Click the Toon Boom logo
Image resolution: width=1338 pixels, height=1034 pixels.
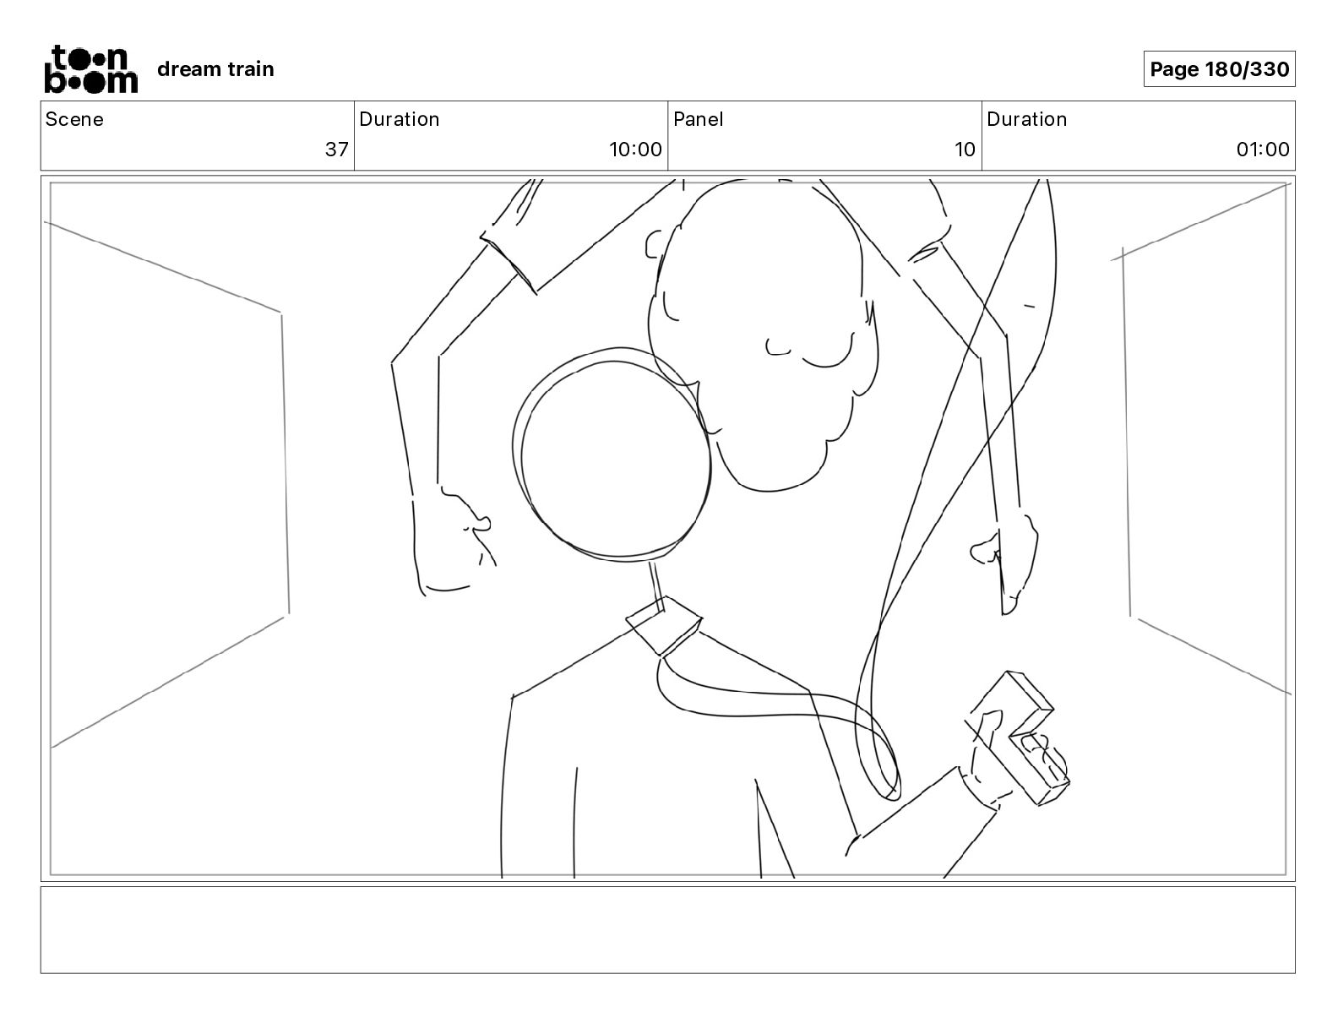point(90,68)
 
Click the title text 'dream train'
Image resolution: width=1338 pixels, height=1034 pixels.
point(215,69)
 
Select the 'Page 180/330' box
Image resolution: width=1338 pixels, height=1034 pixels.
point(1219,69)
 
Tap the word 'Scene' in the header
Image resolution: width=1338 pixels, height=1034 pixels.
point(74,119)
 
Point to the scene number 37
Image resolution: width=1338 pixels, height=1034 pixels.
point(336,150)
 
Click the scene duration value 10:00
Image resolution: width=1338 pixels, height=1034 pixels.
point(635,150)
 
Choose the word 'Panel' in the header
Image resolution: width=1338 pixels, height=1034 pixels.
point(698,119)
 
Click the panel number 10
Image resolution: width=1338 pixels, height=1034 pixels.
point(965,150)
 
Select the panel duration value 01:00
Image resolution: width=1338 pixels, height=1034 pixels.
point(1263,150)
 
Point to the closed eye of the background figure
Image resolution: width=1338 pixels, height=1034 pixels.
point(826,359)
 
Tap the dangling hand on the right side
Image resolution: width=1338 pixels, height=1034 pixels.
point(1009,558)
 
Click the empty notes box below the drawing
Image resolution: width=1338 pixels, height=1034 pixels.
point(667,929)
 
